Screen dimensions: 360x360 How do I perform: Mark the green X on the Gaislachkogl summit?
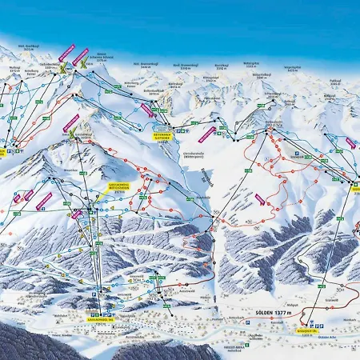(74, 132)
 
